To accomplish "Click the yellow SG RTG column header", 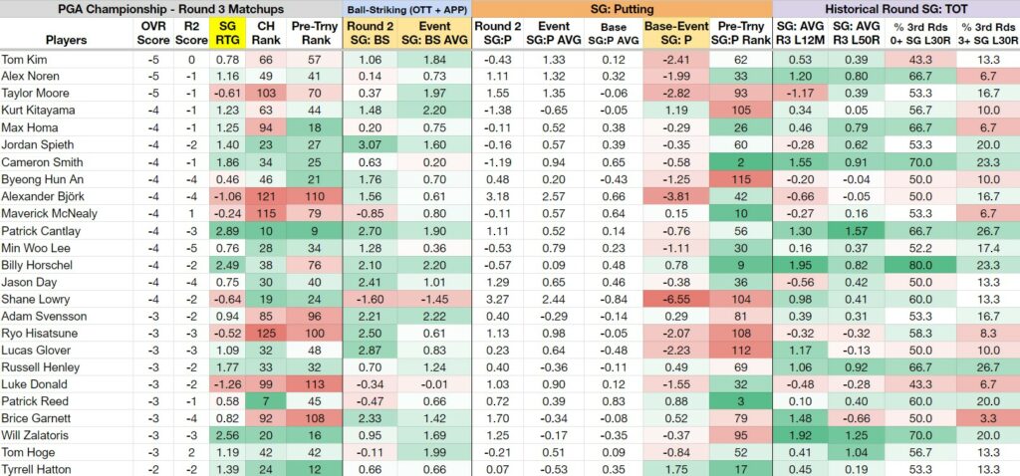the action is (226, 33).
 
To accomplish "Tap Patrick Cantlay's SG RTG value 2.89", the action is (226, 231).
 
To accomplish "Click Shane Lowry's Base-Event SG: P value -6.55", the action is (675, 300).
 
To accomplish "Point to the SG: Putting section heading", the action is (622, 9).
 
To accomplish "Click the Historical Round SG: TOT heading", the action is (895, 9).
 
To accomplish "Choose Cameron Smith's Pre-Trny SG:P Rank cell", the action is (740, 162).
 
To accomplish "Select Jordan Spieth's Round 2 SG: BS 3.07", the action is (368, 145).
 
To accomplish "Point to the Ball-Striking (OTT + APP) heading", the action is (406, 9).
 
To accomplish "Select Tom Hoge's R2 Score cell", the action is (191, 452).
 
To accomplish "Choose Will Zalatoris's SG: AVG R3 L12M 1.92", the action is (800, 435).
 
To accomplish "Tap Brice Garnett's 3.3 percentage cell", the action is (987, 418).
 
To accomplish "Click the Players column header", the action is (67, 40).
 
